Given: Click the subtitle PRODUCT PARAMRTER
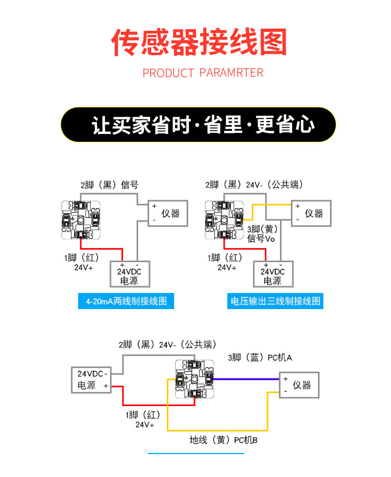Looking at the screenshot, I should (203, 72).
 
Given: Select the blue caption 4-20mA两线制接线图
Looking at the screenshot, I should (126, 301).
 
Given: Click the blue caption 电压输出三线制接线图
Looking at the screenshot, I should (275, 301).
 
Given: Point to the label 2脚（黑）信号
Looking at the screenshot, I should (109, 185).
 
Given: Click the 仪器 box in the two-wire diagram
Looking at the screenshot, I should (168, 213).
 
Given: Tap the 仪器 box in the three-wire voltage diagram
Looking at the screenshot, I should (311, 213).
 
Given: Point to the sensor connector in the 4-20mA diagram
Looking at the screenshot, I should (80, 221).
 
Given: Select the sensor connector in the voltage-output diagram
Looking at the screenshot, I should (224, 221).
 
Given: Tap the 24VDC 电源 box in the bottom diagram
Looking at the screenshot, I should (92, 380).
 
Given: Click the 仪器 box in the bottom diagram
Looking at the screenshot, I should (299, 385).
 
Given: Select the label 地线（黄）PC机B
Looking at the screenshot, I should (224, 441).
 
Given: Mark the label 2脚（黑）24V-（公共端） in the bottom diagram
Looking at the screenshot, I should (167, 345).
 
